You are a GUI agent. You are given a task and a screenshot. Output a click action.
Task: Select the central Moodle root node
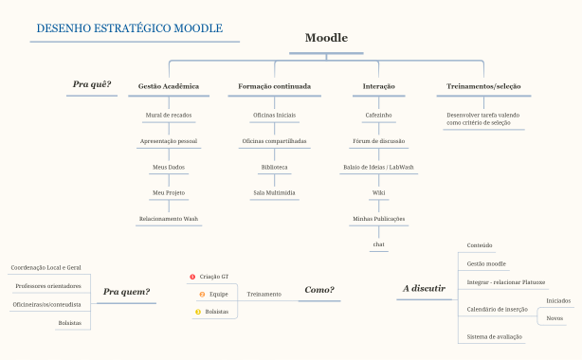click(326, 39)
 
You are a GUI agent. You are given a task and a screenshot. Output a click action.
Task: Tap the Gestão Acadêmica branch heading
click(169, 86)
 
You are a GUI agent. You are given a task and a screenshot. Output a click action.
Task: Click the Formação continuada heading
click(274, 86)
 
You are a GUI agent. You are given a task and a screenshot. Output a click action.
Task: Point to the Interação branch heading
click(379, 86)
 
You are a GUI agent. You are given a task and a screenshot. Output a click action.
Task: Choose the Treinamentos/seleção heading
click(483, 86)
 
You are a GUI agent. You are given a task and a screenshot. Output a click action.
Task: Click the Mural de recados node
click(169, 115)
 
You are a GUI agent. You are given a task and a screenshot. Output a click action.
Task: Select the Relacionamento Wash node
click(169, 219)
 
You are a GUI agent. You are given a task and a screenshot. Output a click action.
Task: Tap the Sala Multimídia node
click(274, 192)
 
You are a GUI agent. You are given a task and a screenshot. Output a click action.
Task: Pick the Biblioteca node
click(274, 167)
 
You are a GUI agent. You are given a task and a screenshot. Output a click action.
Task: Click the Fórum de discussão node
click(379, 140)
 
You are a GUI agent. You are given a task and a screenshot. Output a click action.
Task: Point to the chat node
click(379, 244)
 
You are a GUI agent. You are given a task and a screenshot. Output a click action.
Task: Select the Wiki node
click(379, 192)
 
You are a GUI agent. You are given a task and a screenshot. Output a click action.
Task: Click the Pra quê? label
click(92, 84)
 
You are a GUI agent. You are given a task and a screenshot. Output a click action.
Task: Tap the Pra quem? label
click(126, 292)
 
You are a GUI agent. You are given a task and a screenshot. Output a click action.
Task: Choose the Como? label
click(318, 290)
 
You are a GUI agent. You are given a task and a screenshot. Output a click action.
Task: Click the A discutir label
click(424, 288)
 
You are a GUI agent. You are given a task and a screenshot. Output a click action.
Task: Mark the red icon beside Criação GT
click(192, 277)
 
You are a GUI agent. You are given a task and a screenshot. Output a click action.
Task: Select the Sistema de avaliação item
click(494, 336)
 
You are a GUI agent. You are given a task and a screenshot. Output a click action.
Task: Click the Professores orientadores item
click(48, 286)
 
